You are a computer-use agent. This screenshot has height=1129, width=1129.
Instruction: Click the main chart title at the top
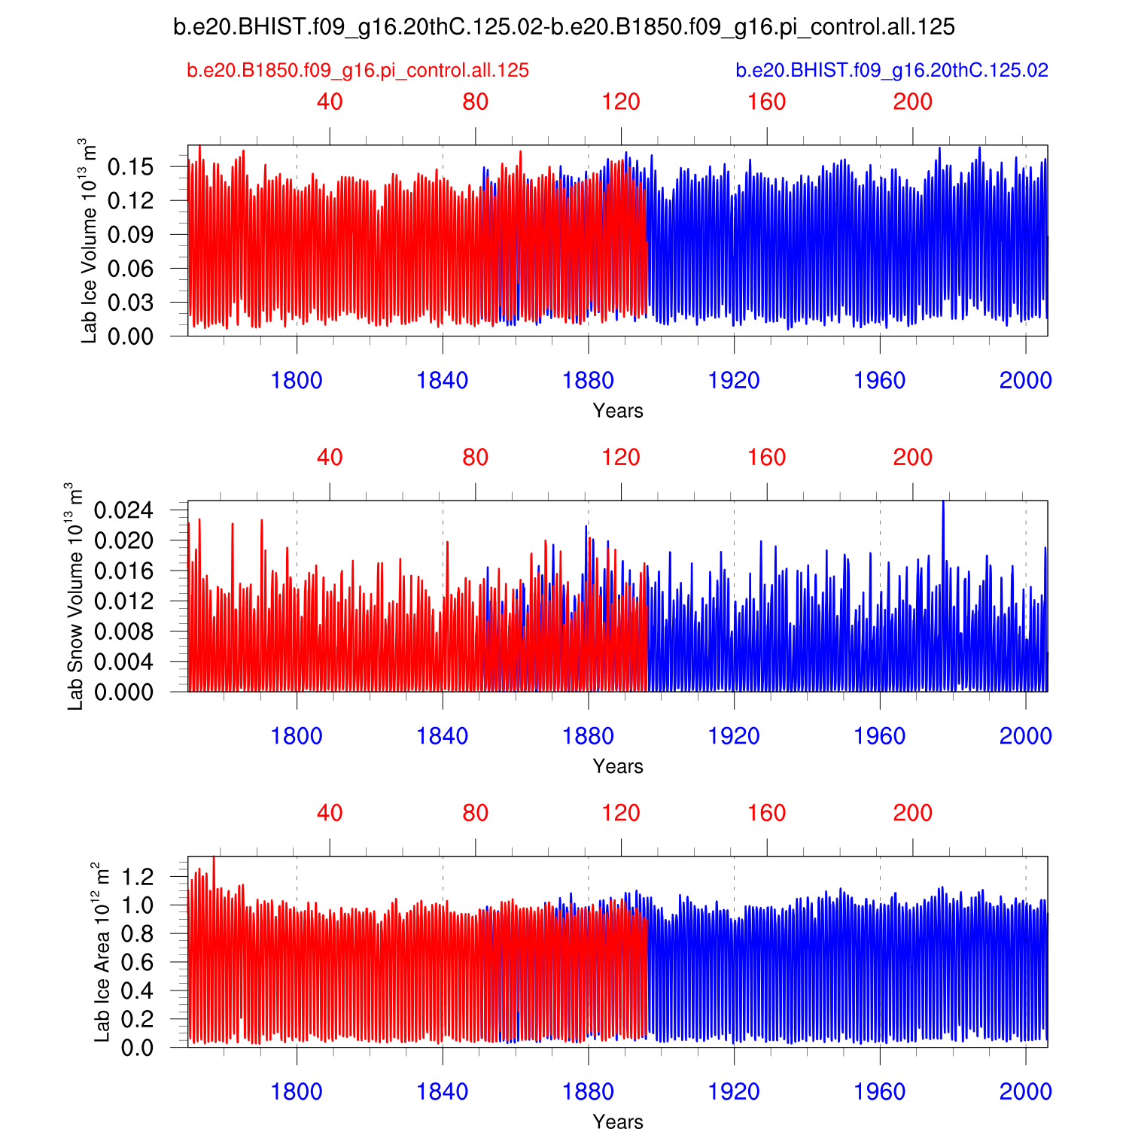[x=564, y=27]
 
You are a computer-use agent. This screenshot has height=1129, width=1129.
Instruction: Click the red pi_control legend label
[x=358, y=71]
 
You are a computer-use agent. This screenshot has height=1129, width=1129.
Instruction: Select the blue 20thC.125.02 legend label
[x=892, y=71]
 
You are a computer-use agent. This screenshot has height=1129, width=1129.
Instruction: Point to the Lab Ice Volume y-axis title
[x=89, y=241]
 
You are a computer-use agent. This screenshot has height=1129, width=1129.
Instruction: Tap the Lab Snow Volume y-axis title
[x=75, y=596]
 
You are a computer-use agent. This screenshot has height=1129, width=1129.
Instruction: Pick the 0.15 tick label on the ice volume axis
[x=130, y=167]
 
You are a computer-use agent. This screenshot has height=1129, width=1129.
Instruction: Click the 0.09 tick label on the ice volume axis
[x=130, y=235]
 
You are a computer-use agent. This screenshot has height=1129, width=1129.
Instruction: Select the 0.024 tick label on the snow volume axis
[x=123, y=511]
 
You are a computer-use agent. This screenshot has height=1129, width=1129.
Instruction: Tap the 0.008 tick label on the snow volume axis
[x=123, y=631]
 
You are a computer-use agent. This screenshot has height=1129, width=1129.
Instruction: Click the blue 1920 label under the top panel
[x=734, y=381]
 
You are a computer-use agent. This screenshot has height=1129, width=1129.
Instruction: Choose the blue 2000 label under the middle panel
[x=1025, y=736]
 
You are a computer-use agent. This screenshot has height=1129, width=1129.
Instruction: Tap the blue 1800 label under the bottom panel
[x=297, y=1091]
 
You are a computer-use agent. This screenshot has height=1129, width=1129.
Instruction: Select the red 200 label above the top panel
[x=912, y=102]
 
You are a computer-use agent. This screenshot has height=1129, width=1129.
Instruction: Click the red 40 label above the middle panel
[x=330, y=458]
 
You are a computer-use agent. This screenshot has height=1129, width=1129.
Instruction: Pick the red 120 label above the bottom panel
[x=621, y=813]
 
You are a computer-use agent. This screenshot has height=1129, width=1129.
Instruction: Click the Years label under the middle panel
[x=618, y=766]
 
